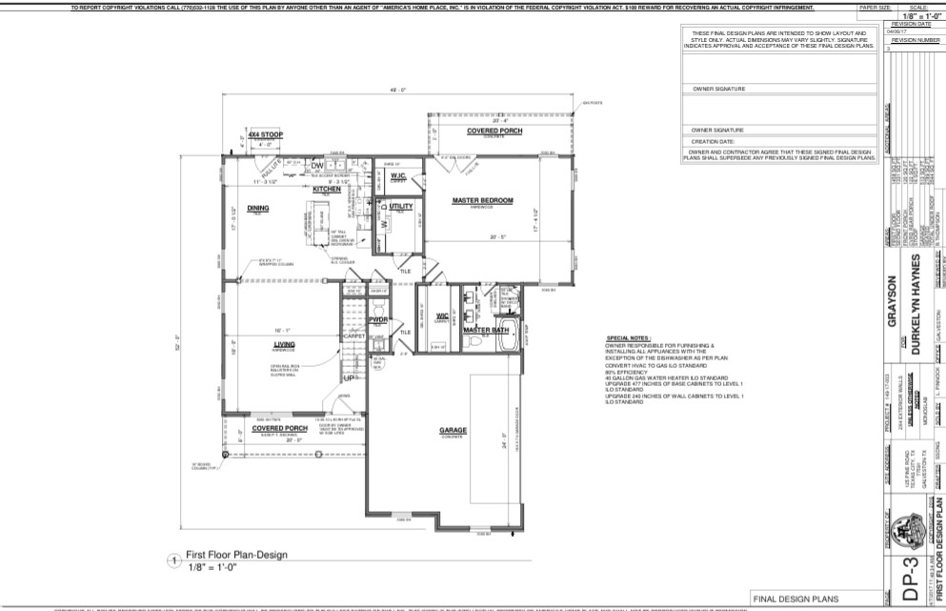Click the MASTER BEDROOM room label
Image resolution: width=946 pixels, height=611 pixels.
click(482, 200)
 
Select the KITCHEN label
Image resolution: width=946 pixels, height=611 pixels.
click(327, 189)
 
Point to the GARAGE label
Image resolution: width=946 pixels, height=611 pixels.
click(453, 430)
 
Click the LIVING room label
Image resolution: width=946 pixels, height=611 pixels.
click(257, 345)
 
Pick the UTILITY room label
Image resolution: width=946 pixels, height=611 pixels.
click(400, 206)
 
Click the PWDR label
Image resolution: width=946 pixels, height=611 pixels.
click(378, 320)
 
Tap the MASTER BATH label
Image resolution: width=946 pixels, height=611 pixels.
click(482, 331)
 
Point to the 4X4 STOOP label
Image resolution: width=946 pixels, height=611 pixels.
click(266, 135)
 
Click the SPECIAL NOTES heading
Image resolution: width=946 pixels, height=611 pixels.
click(627, 338)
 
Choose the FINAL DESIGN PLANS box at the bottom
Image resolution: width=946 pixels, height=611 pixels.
click(795, 599)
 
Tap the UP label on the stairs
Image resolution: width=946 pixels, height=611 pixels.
click(349, 377)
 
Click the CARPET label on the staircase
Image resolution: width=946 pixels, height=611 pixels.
click(354, 336)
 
